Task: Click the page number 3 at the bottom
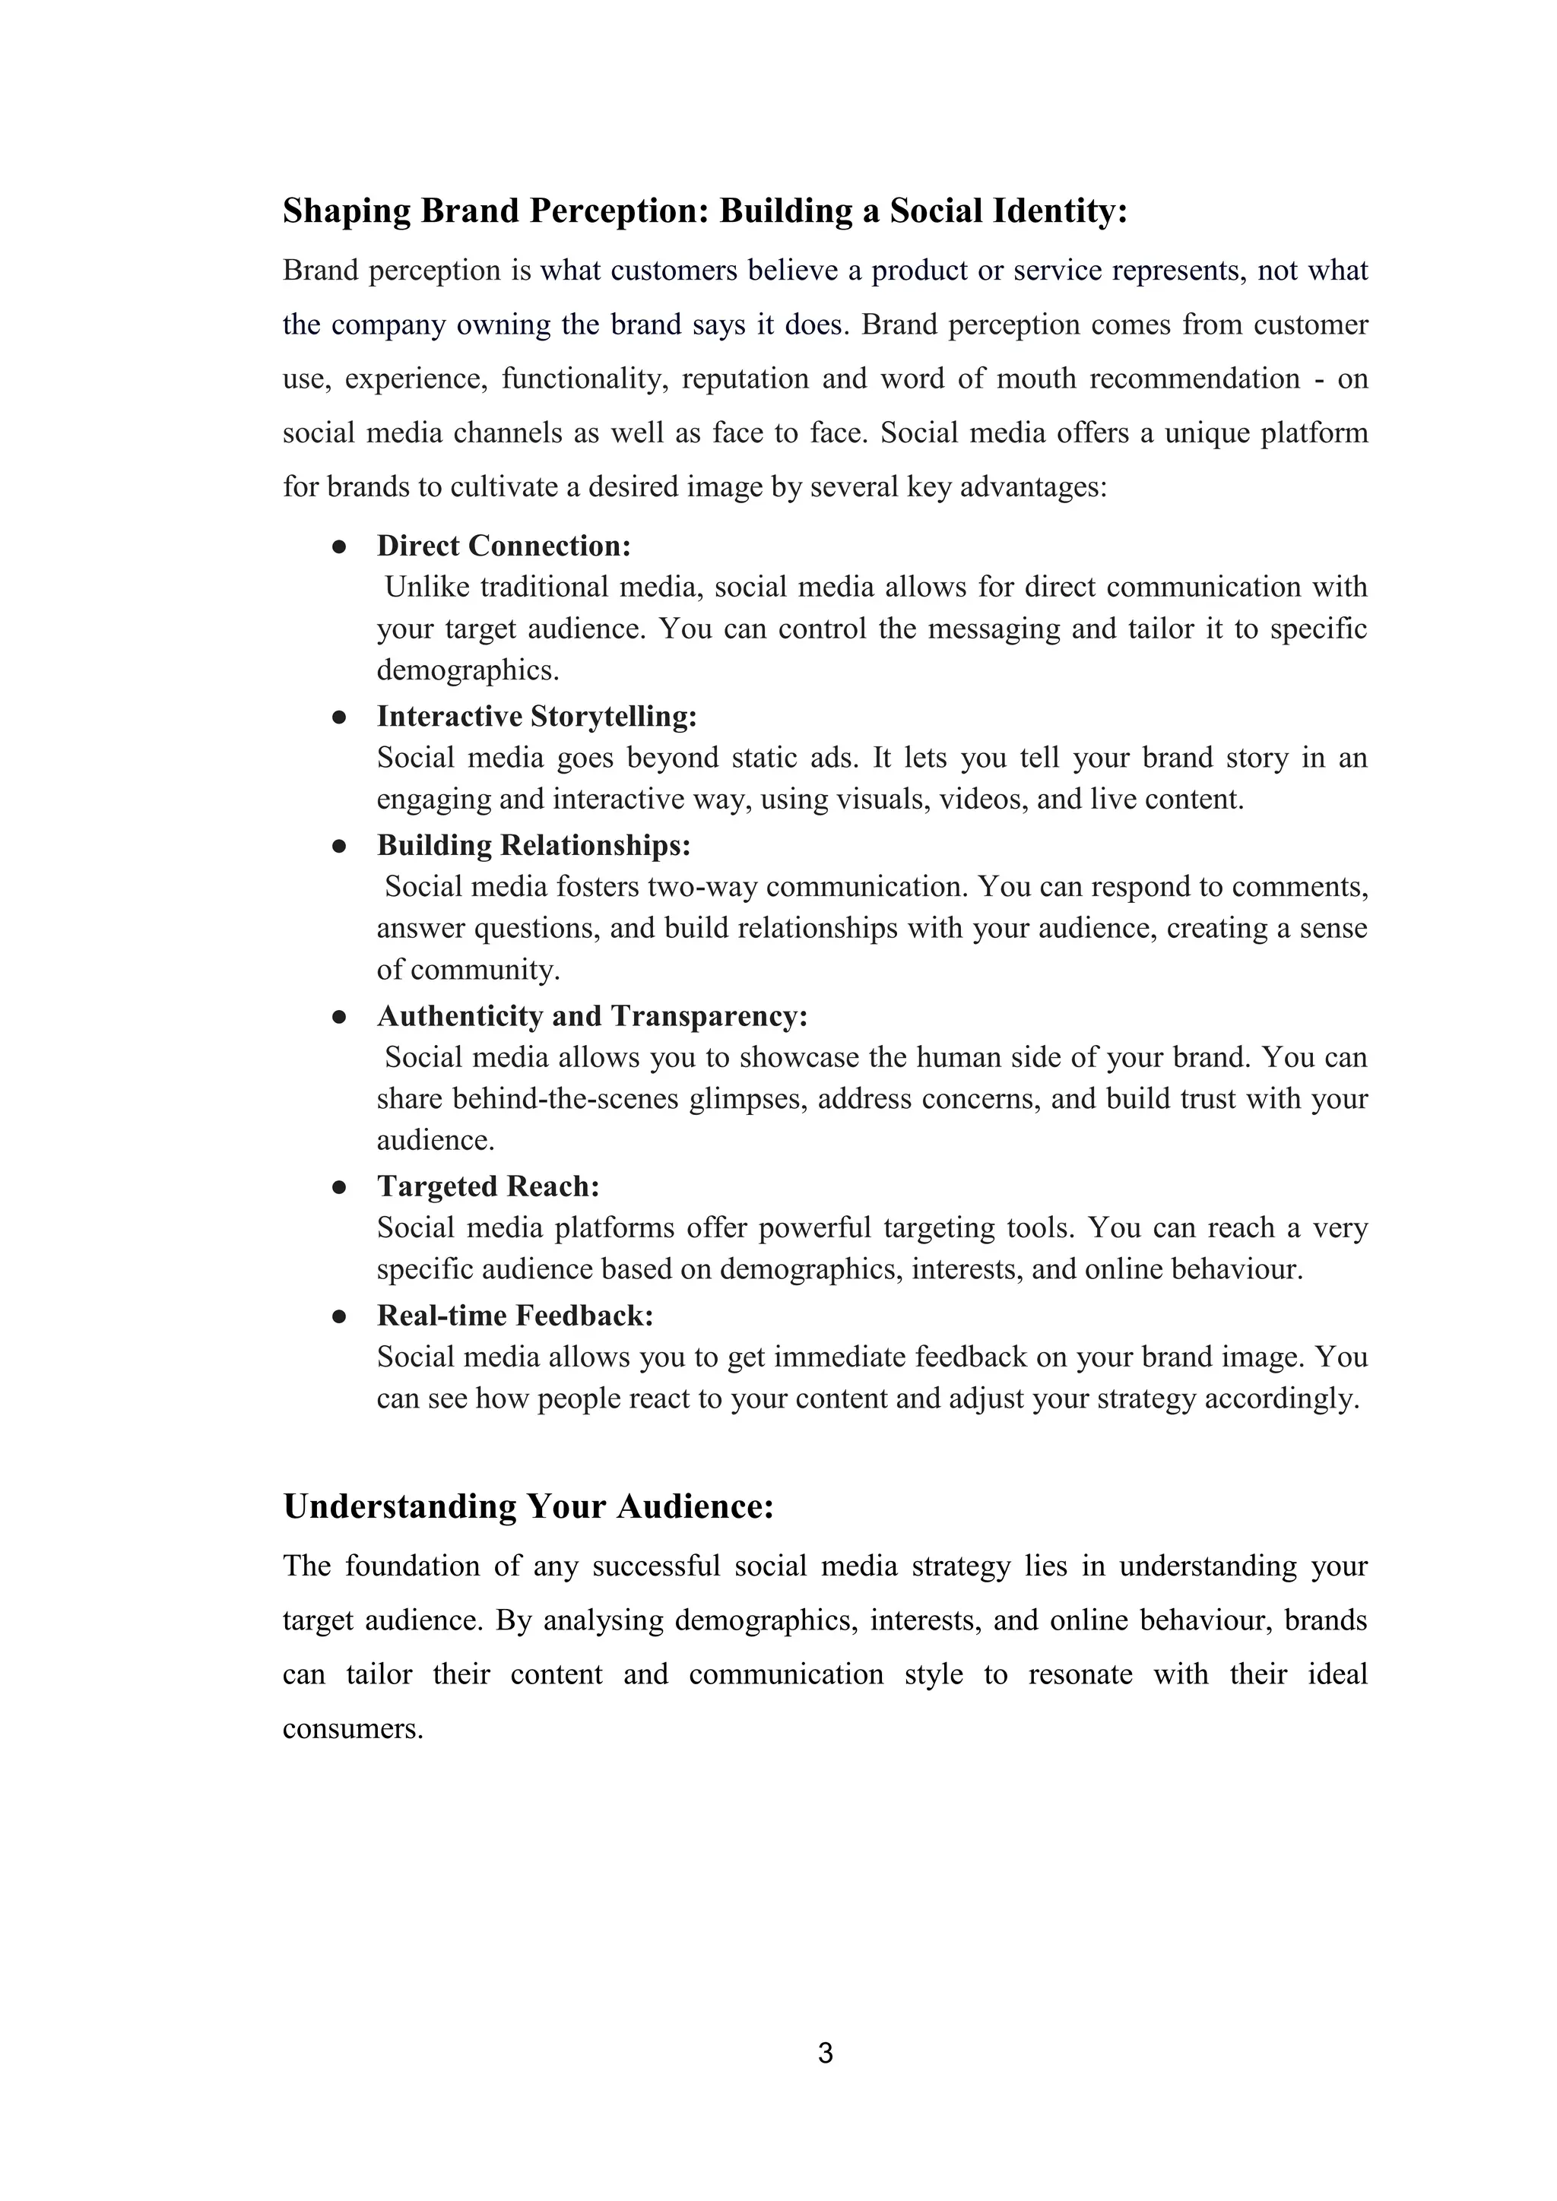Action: [826, 2052]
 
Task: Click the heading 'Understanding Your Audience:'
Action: [528, 1506]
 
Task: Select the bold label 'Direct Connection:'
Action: [503, 546]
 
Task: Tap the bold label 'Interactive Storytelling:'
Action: [537, 716]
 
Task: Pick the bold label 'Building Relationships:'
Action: [533, 844]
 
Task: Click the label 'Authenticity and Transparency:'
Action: [592, 1015]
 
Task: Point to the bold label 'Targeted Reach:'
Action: [488, 1186]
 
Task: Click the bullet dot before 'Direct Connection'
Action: [338, 547]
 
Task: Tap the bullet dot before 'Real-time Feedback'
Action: [338, 1317]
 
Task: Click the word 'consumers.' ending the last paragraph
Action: [353, 1728]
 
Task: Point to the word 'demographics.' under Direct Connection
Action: [468, 669]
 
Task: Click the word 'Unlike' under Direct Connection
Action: [427, 587]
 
